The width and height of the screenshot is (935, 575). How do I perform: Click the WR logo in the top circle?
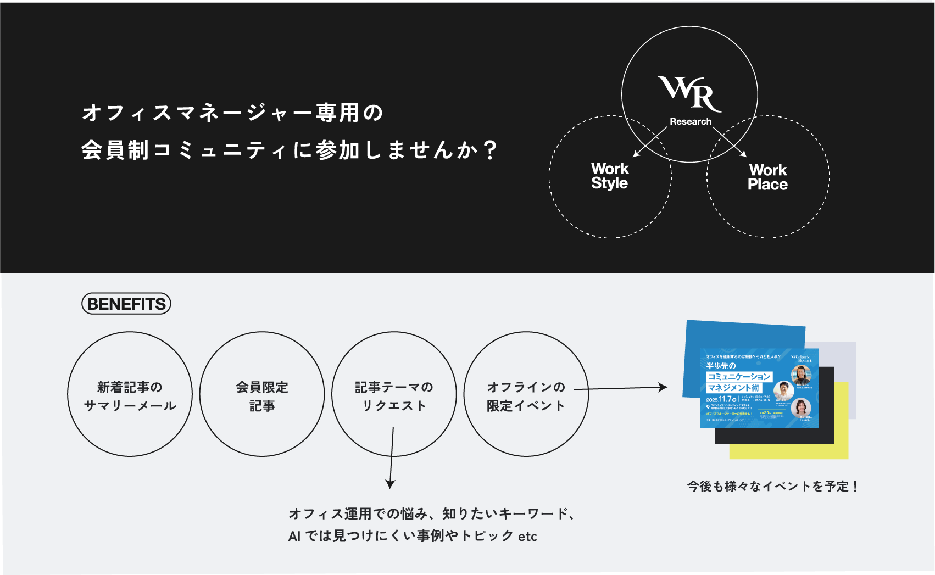(690, 93)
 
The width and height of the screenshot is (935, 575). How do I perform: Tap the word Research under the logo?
(691, 121)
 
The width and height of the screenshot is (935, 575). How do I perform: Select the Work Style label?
(610, 176)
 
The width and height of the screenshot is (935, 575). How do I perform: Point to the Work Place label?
(767, 177)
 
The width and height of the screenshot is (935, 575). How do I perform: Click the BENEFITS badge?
(126, 304)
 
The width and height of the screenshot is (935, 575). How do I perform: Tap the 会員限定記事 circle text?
(262, 396)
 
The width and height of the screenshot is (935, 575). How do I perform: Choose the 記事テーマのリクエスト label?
(394, 396)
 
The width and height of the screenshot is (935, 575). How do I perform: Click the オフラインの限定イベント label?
(526, 396)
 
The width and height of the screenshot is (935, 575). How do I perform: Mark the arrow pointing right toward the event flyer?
(621, 388)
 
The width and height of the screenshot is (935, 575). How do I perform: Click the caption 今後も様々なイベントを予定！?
(772, 486)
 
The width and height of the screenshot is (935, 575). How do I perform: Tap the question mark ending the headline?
(491, 149)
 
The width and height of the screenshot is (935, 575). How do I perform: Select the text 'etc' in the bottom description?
(527, 537)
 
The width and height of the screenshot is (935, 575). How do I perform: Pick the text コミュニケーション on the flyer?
(739, 376)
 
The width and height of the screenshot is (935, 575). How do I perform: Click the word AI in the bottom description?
(294, 537)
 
